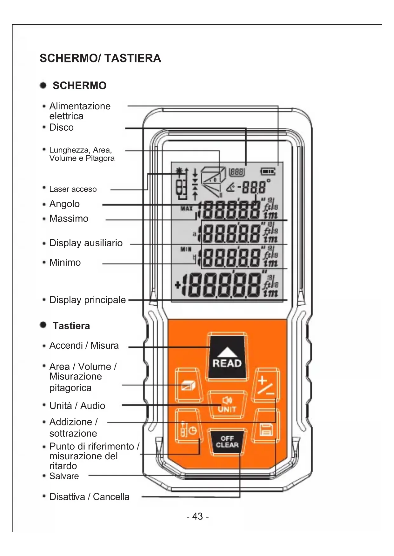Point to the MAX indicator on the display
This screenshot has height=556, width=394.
point(187,209)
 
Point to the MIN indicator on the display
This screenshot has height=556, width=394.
point(186,249)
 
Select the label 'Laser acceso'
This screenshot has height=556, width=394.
point(73,189)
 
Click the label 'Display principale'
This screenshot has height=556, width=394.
point(87,300)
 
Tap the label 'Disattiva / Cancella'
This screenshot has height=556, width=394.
point(89,497)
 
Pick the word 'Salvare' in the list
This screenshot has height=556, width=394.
point(64,476)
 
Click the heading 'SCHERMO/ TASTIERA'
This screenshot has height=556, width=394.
point(100,58)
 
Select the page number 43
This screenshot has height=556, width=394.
point(197,516)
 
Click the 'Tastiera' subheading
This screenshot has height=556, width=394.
point(71,326)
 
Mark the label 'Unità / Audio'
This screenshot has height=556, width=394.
point(77,406)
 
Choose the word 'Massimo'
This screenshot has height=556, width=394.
point(69,219)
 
